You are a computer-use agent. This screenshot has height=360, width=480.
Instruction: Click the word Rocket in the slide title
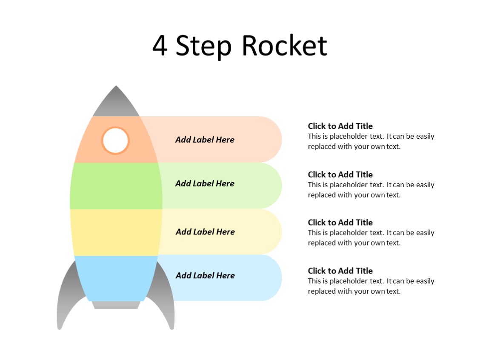click(284, 46)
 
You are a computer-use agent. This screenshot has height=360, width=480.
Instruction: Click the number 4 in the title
click(160, 46)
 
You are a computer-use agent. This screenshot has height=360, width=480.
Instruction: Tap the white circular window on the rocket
click(115, 140)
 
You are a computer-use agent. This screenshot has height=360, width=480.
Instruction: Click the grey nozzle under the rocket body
click(116, 305)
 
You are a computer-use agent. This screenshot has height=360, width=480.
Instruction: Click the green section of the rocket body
click(116, 186)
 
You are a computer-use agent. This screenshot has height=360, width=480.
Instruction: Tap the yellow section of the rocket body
click(116, 232)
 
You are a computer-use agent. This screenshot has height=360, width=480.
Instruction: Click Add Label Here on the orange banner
click(205, 140)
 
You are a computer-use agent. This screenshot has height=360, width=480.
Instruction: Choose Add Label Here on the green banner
click(205, 183)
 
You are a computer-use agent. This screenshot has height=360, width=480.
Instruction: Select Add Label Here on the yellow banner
click(205, 231)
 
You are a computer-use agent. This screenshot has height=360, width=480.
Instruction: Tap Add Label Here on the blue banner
click(205, 275)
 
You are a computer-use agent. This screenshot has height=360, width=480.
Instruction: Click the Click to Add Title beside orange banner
click(340, 126)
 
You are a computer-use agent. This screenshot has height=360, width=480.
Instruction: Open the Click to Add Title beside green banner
click(340, 174)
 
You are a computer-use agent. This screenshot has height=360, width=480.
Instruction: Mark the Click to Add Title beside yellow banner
click(340, 222)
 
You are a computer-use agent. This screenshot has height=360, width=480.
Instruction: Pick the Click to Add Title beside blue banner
click(340, 271)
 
